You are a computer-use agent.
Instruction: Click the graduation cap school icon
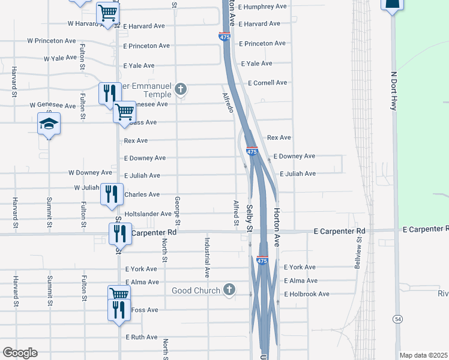tap(49, 124)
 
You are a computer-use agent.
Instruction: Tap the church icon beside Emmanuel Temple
tap(181, 91)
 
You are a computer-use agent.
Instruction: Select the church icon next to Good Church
tap(228, 290)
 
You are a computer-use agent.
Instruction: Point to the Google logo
tap(20, 353)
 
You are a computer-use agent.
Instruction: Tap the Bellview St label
tap(358, 255)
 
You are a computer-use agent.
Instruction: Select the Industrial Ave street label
tap(207, 257)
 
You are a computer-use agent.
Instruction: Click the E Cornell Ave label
tap(264, 83)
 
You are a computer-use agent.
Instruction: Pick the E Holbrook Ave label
tap(307, 294)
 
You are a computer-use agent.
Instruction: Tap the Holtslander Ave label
tap(148, 214)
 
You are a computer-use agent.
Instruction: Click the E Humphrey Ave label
tap(262, 7)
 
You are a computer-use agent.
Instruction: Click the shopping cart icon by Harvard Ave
tap(107, 11)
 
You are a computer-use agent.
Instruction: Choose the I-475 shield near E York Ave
tap(262, 260)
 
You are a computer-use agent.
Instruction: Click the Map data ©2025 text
tap(424, 355)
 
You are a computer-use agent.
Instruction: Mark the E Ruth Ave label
tap(141, 337)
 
